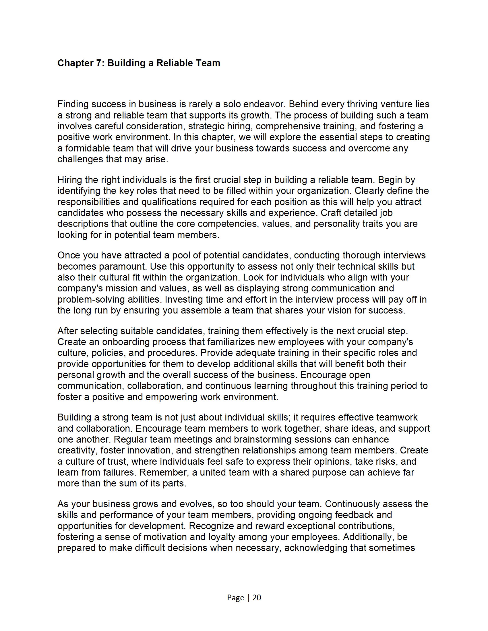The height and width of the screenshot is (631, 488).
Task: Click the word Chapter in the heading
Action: click(75, 63)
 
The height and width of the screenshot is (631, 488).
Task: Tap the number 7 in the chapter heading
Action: click(99, 63)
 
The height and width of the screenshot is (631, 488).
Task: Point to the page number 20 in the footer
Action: click(257, 597)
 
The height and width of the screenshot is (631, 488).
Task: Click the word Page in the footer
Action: click(236, 597)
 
